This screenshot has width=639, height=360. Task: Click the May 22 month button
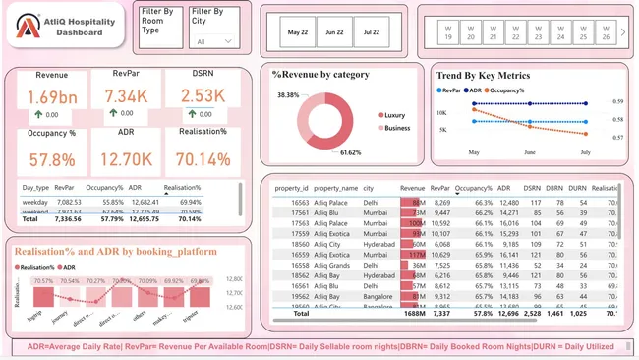pyautogui.click(x=298, y=32)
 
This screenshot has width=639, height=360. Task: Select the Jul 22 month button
pyautogui.click(x=372, y=32)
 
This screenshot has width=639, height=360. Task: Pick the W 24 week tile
pyautogui.click(x=561, y=32)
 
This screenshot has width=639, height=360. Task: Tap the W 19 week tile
pyautogui.click(x=448, y=32)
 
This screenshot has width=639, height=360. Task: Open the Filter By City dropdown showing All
pyautogui.click(x=213, y=41)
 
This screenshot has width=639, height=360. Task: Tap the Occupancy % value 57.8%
pyautogui.click(x=51, y=159)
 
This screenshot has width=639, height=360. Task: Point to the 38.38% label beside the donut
pyautogui.click(x=288, y=95)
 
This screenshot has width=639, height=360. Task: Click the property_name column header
pyautogui.click(x=335, y=187)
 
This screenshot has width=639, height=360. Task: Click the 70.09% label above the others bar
pyautogui.click(x=146, y=280)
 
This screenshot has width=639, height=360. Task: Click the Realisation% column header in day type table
pyautogui.click(x=182, y=187)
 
